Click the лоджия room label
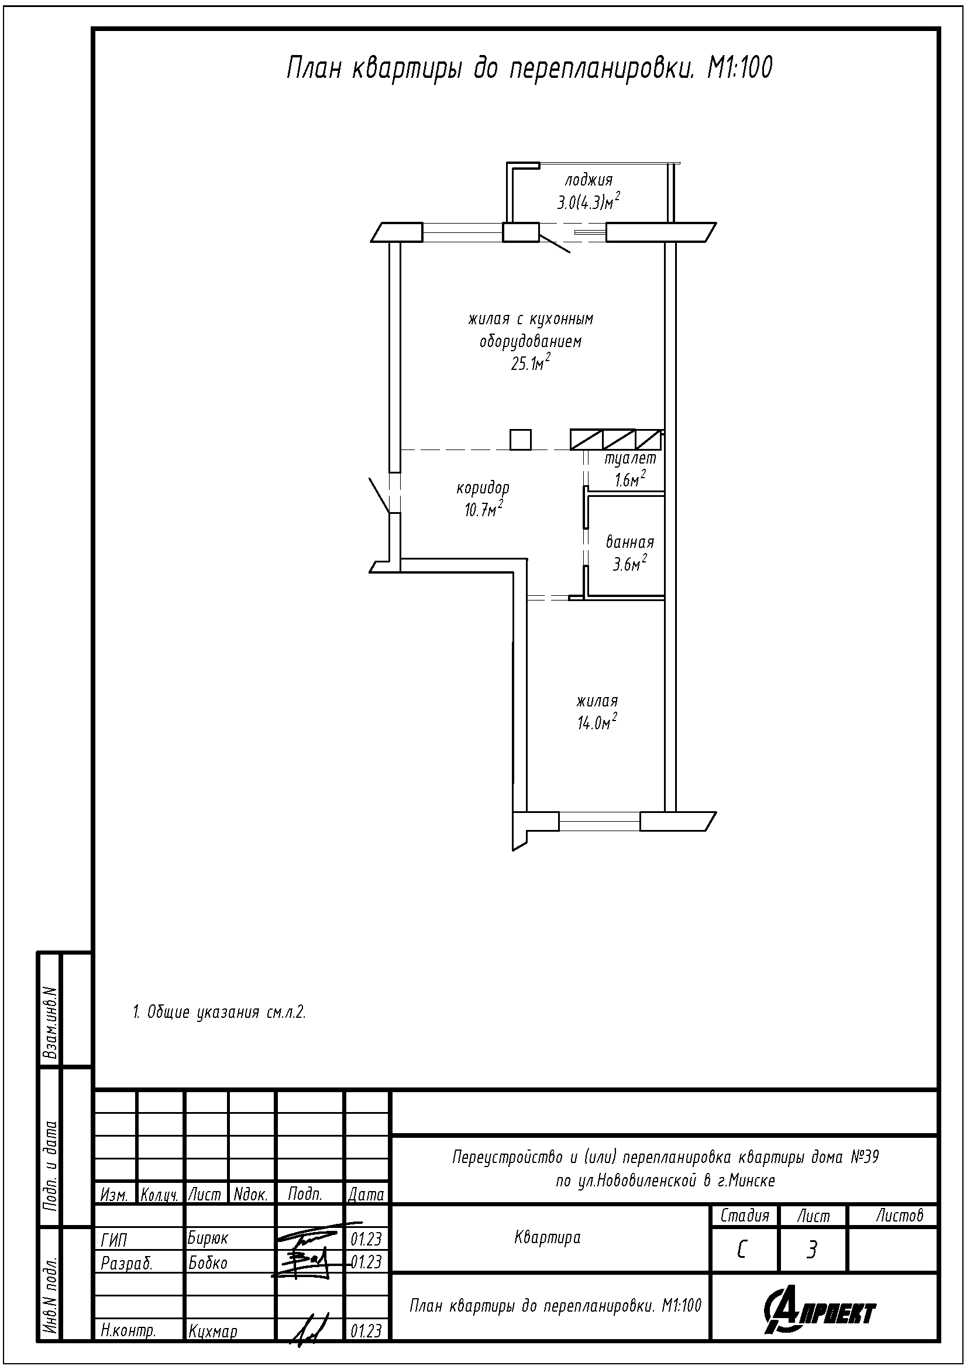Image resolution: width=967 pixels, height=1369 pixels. [588, 180]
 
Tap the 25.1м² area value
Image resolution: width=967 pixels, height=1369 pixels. [529, 362]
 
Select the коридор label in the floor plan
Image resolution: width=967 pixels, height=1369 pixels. [483, 488]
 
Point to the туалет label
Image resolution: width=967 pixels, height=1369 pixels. [630, 458]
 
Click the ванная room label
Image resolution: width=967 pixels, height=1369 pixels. [630, 543]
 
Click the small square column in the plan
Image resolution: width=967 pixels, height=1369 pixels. [520, 440]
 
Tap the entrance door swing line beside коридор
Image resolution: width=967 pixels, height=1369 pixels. [380, 495]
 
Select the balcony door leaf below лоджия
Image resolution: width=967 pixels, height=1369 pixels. [554, 244]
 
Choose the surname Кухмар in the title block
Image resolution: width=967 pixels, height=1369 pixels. [213, 1332]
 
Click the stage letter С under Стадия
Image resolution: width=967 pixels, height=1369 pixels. [741, 1250]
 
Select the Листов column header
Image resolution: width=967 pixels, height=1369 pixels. [900, 1215]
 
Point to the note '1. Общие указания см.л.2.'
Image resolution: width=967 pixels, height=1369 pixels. [219, 1013]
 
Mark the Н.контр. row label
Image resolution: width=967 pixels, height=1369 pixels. [129, 1332]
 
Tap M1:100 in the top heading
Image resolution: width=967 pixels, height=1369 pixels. [739, 68]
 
